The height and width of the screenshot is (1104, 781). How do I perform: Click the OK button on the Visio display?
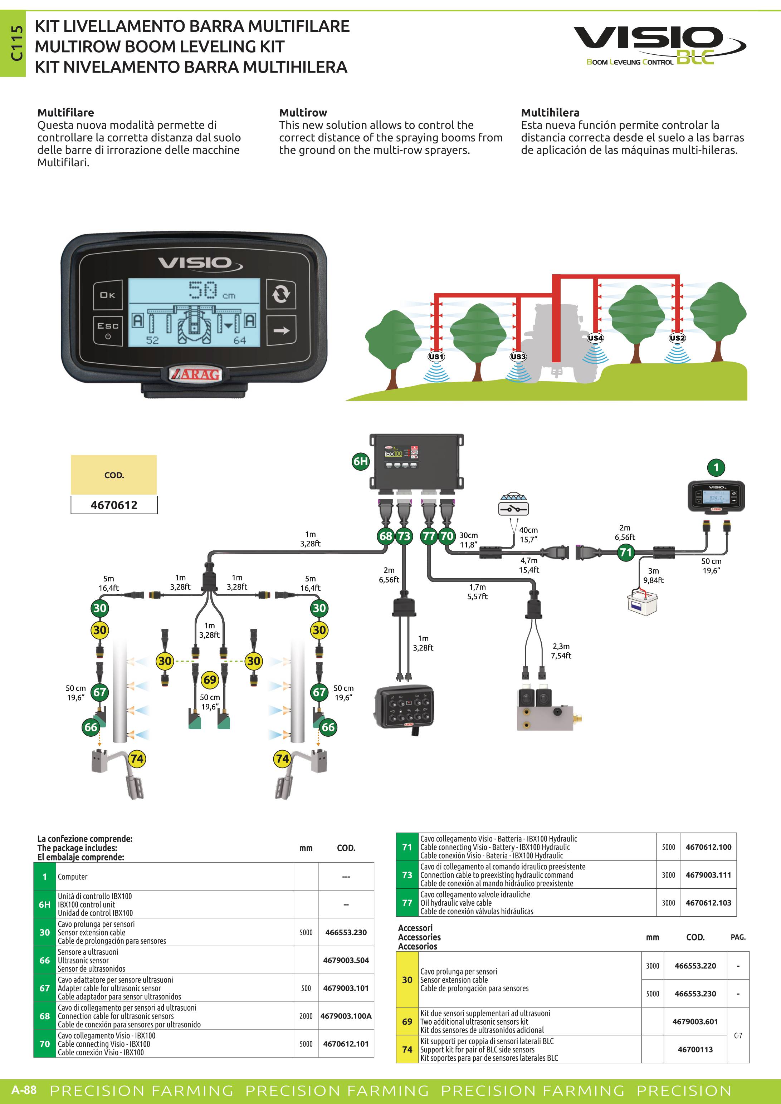coord(107,295)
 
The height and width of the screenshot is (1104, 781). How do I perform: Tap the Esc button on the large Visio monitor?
coord(108,330)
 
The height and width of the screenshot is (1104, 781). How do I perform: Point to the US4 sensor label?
coord(595,338)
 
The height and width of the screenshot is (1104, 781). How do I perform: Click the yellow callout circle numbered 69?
coord(210,679)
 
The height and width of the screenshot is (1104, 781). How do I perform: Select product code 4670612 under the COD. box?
coord(114,505)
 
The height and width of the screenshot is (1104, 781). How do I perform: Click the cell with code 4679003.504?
coord(346,960)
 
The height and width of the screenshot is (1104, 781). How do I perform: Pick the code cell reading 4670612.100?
coord(708,847)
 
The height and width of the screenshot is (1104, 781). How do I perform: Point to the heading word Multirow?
coord(303,113)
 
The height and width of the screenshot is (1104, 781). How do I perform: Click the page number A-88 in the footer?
coord(24,1090)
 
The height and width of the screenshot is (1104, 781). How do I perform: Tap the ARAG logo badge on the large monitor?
coord(195,374)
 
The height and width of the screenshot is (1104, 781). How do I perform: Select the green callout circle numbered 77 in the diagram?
coord(429,536)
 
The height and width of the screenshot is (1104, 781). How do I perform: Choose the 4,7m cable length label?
coord(529,560)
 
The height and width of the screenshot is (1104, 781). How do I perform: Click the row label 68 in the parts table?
coord(45,1016)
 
